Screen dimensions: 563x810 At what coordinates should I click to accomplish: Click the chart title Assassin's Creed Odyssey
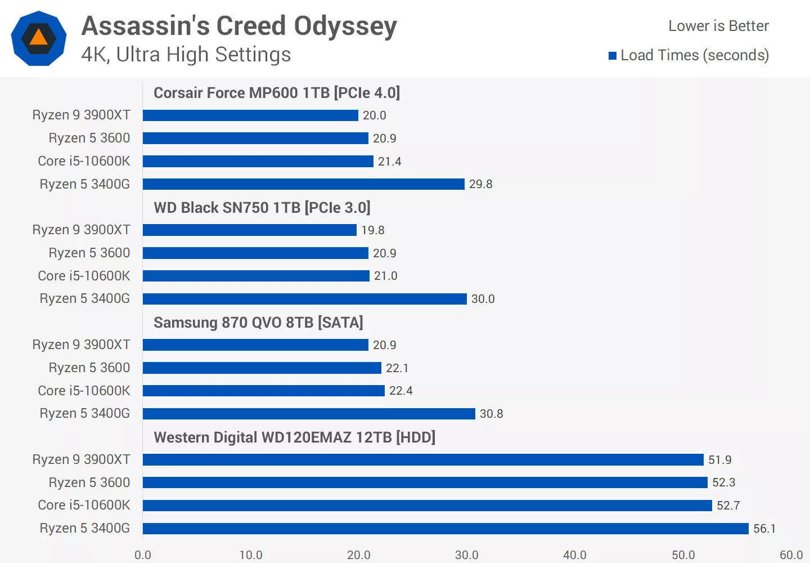point(239,26)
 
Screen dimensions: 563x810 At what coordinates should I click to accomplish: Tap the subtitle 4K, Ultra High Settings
point(186,55)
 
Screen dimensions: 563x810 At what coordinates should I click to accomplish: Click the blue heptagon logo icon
point(39,38)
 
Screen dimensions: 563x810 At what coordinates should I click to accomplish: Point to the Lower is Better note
point(718,26)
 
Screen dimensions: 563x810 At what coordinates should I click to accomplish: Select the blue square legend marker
point(613,56)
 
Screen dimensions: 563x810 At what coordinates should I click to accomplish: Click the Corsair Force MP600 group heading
point(277,93)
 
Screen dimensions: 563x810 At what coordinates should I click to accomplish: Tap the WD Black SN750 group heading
point(262,208)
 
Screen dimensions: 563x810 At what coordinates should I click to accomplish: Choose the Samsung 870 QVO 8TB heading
point(258,323)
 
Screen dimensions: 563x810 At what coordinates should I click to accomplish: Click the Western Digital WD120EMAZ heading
point(294,437)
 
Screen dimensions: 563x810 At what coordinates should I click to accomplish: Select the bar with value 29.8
point(304,184)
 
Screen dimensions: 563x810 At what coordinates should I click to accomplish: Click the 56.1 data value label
point(764,529)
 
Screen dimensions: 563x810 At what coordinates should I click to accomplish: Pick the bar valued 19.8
point(250,230)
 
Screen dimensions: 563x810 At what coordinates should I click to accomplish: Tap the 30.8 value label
point(491,414)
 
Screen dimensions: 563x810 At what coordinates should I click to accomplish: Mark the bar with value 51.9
point(423,460)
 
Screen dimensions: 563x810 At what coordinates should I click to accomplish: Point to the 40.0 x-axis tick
point(574,555)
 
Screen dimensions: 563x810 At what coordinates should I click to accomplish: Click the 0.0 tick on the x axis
point(143,555)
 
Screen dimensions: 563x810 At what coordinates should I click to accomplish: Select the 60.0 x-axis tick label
point(791,555)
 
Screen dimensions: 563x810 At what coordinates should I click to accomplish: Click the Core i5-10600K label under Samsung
point(84,391)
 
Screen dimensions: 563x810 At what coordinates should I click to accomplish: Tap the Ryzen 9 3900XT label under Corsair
point(81,115)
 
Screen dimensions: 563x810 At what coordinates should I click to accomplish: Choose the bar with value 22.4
point(264,391)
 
